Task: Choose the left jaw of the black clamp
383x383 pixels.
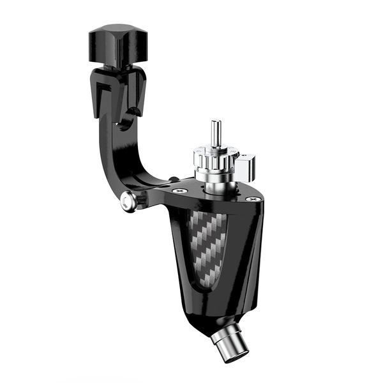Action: coord(99,96)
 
